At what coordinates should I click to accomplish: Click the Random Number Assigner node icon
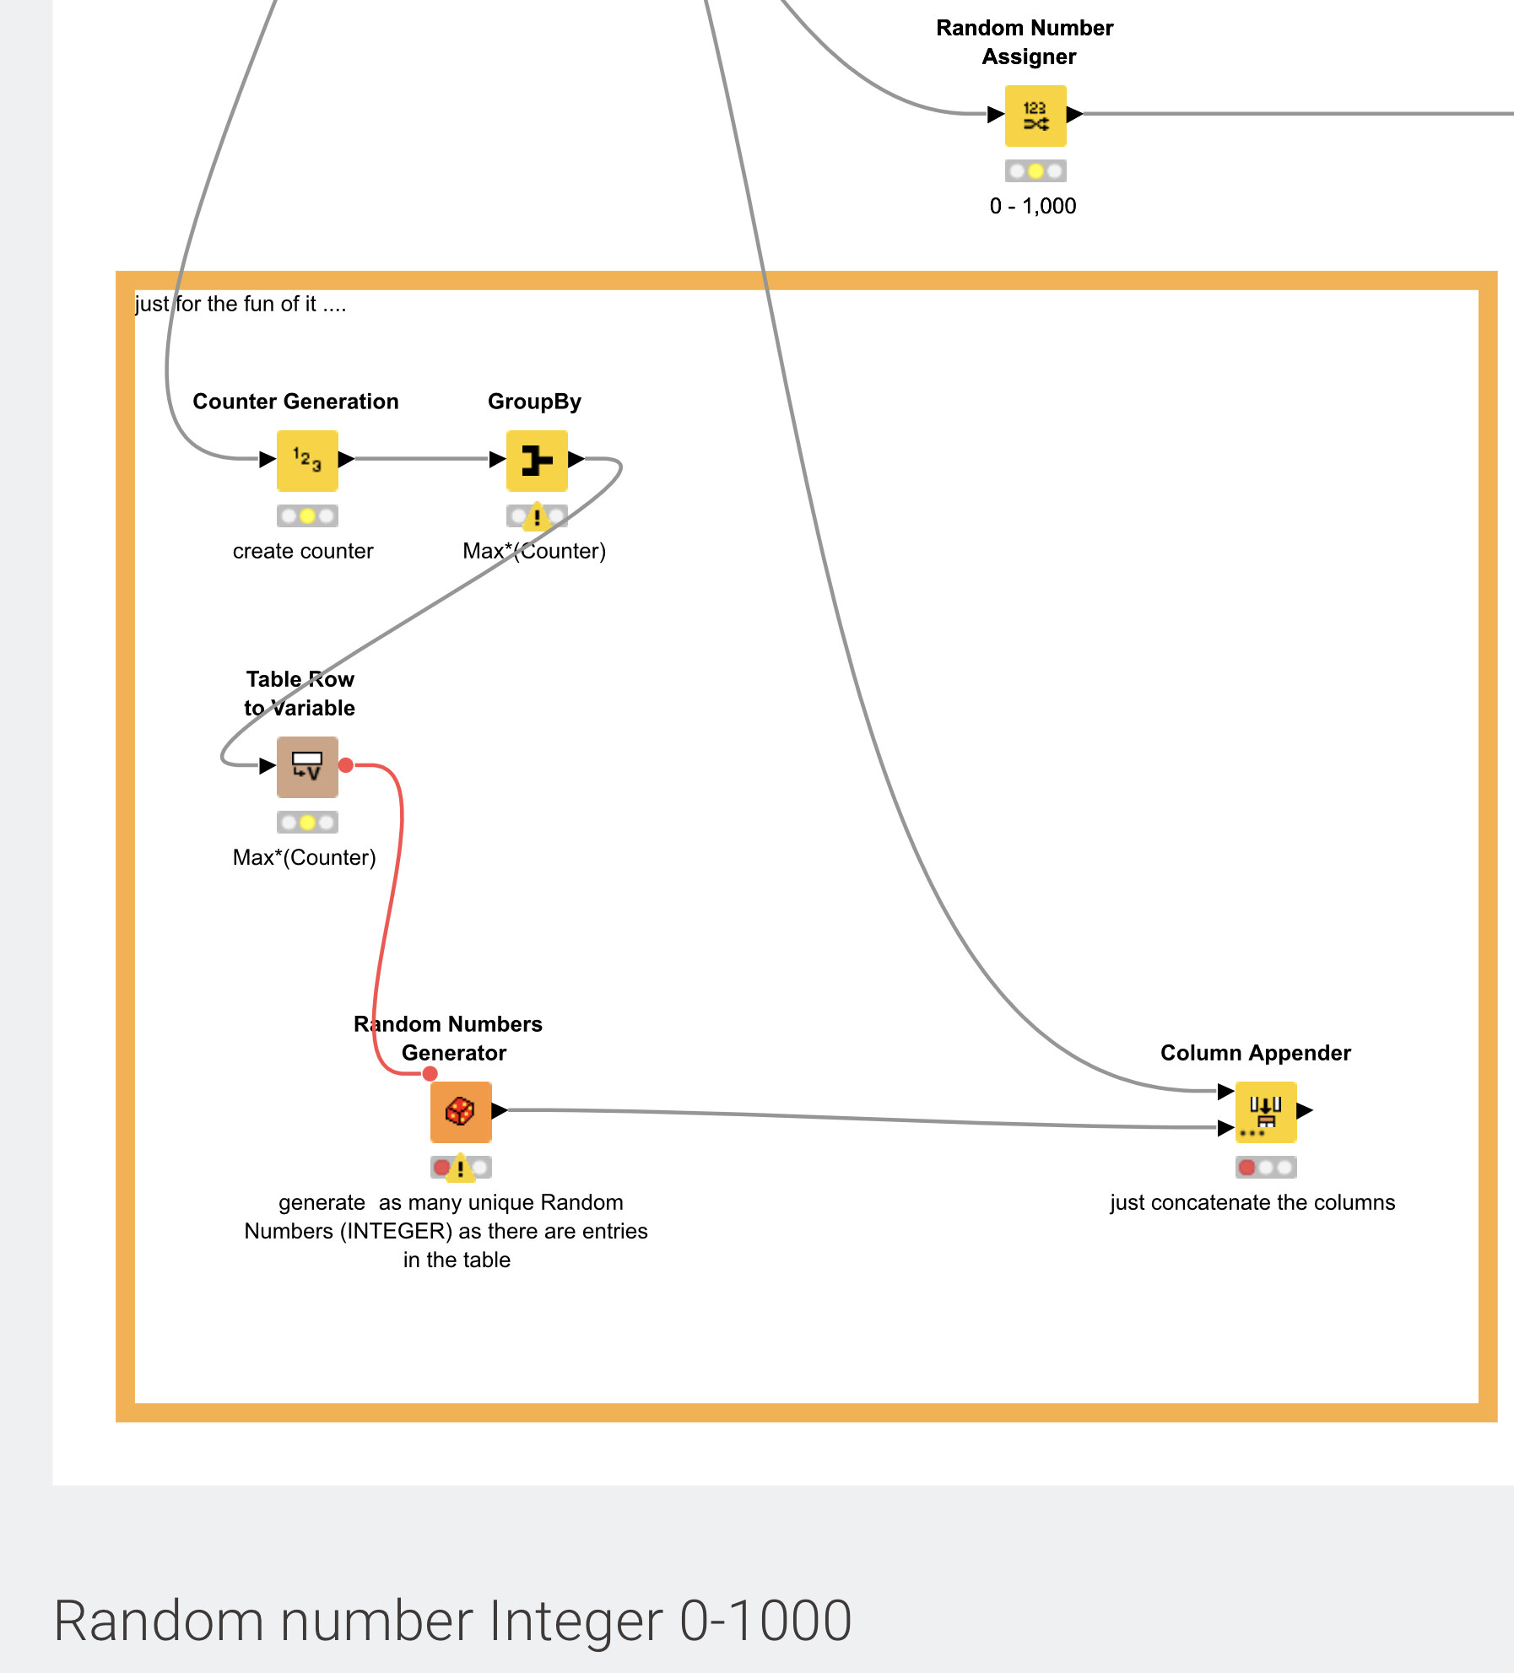[x=1035, y=116]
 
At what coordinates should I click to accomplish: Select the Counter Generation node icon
[x=307, y=461]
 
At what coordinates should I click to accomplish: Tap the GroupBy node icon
[x=537, y=461]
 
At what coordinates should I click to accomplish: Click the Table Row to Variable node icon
[x=307, y=767]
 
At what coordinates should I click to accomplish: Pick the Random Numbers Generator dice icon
[x=460, y=1112]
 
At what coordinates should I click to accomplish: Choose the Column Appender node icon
[x=1265, y=1112]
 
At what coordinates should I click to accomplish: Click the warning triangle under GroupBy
[x=537, y=516]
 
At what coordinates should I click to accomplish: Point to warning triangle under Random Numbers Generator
[x=460, y=1168]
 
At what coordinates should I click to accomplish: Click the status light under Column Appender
[x=1265, y=1168]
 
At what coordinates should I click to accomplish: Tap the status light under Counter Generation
[x=307, y=515]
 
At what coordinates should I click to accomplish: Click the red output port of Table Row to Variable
[x=346, y=765]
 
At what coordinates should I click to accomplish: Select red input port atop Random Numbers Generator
[x=430, y=1074]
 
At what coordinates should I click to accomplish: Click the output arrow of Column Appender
[x=1305, y=1110]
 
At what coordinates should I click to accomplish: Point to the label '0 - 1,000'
[x=1033, y=207]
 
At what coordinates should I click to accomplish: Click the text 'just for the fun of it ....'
[x=241, y=305]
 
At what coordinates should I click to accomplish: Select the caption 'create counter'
[x=303, y=552]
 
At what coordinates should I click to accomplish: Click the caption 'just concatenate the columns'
[x=1252, y=1203]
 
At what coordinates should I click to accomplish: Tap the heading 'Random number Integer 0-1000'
[x=452, y=1621]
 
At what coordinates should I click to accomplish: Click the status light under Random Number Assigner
[x=1035, y=171]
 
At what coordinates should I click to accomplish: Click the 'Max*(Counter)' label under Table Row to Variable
[x=304, y=858]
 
